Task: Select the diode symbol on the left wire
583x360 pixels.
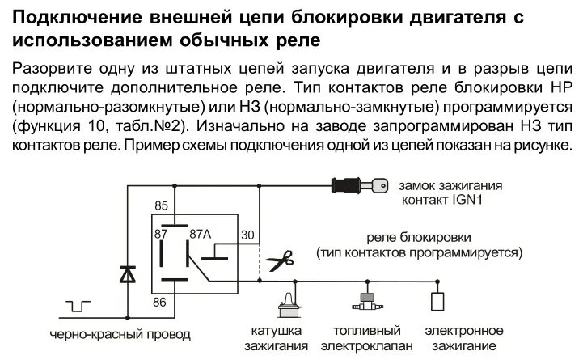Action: [x=127, y=275]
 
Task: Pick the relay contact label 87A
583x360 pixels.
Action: [x=200, y=234]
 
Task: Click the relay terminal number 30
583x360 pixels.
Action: [x=247, y=235]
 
